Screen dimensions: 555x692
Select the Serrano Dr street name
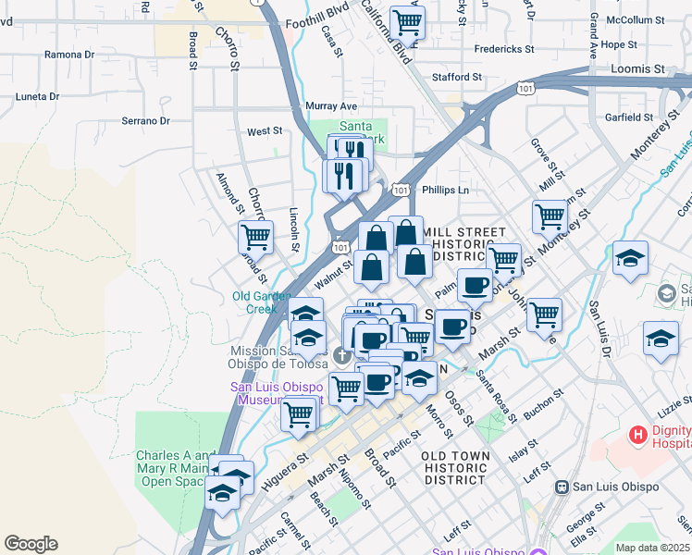point(146,120)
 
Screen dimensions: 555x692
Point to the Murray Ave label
point(331,106)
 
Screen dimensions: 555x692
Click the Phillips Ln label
point(446,190)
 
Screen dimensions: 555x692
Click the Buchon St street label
point(542,403)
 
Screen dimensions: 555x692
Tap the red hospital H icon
point(637,434)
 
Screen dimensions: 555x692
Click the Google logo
point(31,544)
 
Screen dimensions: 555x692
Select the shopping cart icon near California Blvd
point(407,20)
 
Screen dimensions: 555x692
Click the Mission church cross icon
point(341,356)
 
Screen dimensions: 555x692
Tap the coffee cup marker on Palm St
point(475,286)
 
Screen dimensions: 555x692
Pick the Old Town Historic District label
point(453,468)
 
